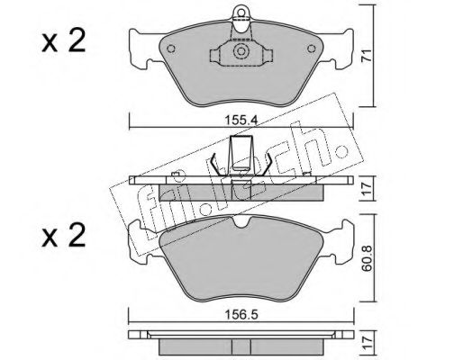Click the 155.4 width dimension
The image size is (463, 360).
coord(241,121)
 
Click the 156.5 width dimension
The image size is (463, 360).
coord(241,315)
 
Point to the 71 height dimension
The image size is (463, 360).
coord(367,56)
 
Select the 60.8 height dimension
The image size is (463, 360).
coord(367,258)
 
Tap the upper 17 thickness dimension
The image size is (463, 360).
coord(367,188)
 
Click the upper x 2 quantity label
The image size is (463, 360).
coord(64,42)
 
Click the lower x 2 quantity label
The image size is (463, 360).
coord(64,236)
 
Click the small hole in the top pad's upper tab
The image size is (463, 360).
coord(241,13)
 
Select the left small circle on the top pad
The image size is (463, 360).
coord(171,49)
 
